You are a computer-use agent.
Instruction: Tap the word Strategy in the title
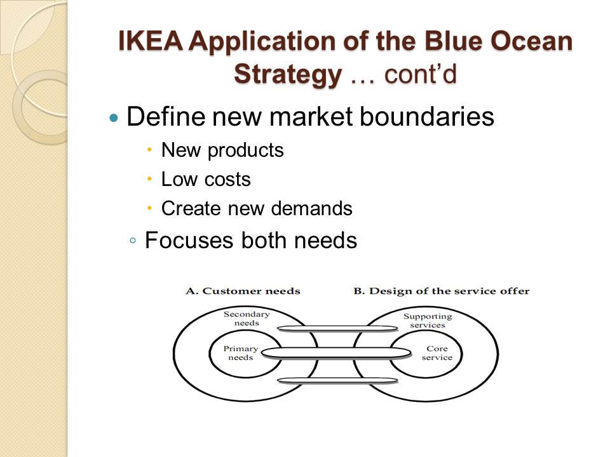point(287,74)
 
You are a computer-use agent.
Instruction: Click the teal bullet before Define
point(114,118)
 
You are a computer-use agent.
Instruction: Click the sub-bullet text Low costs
point(206,180)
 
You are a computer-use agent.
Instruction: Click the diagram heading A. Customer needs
point(243,291)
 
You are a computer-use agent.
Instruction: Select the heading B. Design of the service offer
point(441,291)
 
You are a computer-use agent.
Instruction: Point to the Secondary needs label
point(247,319)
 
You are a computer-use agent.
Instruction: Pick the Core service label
point(437,353)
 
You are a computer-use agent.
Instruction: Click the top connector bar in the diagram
point(337,328)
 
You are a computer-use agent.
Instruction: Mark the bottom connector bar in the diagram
point(337,381)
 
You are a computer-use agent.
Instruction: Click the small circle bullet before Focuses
point(132,242)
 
